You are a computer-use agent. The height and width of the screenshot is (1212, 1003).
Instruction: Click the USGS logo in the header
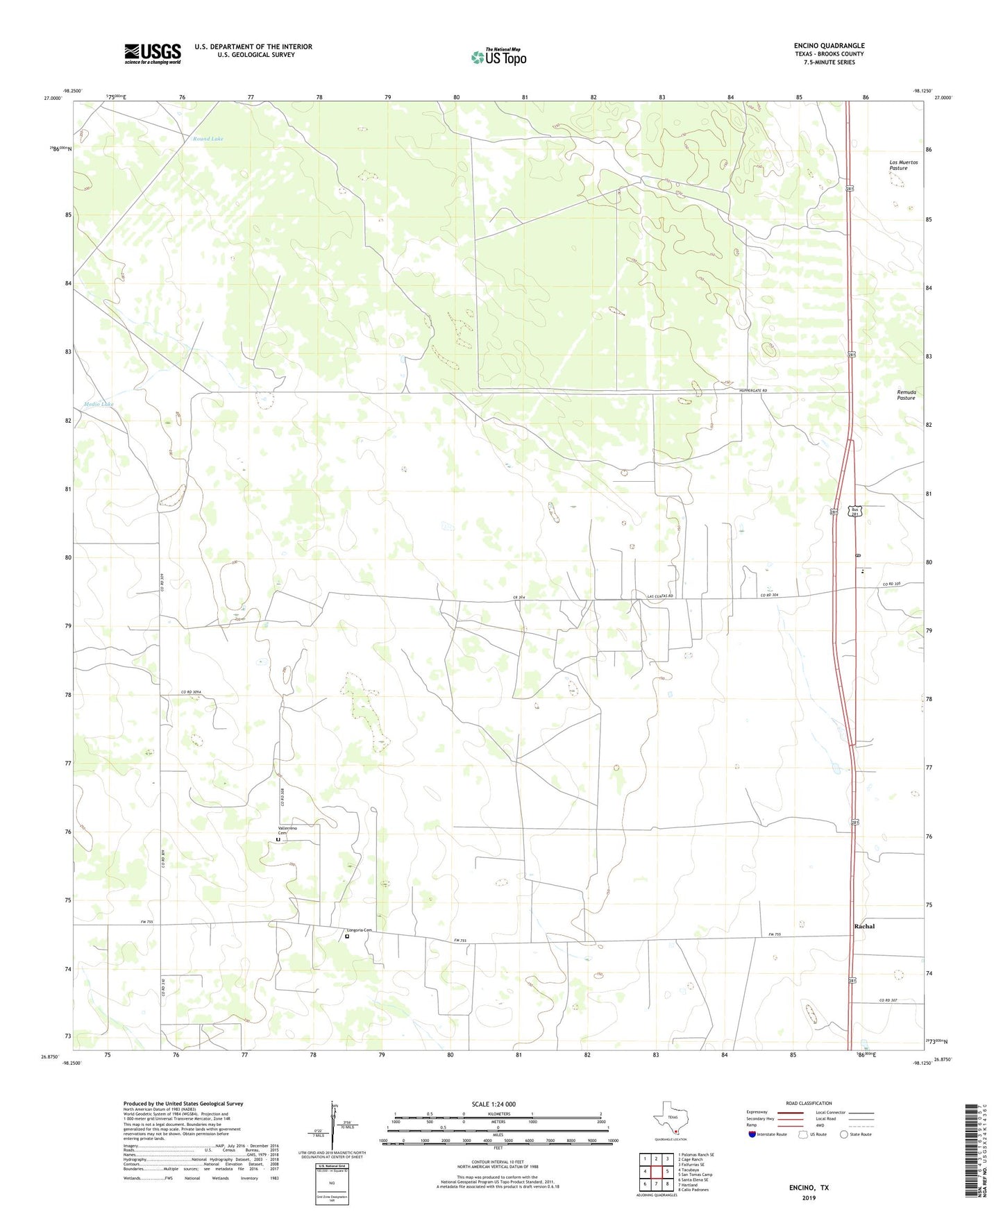point(153,53)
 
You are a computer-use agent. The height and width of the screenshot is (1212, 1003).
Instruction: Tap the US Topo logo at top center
point(498,57)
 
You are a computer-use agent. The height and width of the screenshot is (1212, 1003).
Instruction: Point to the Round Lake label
point(208,140)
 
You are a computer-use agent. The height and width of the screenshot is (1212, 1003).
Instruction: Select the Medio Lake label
point(98,404)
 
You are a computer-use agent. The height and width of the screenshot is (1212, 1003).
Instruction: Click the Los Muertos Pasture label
point(903,165)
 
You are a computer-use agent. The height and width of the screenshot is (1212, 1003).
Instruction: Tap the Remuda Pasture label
point(906,395)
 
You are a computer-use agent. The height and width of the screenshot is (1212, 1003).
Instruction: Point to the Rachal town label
point(864,927)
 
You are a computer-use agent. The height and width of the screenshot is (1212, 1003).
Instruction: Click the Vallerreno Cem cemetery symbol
point(278,840)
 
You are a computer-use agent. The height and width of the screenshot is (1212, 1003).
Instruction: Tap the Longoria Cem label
point(360,930)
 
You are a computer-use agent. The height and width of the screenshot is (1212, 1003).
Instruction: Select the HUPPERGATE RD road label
point(753,391)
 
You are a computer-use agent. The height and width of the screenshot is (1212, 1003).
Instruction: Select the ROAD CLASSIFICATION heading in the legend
point(809,1103)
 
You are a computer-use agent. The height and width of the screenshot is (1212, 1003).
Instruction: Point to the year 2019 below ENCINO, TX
point(809,1197)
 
